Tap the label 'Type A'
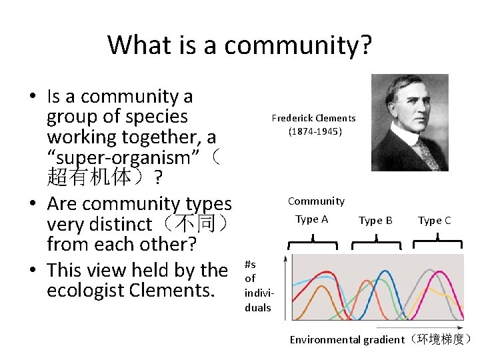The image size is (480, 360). [x=311, y=219]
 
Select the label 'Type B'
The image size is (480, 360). [x=375, y=220]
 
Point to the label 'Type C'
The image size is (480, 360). [x=434, y=220]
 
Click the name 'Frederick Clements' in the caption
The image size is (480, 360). [x=313, y=118]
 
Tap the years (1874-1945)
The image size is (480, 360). [x=315, y=131]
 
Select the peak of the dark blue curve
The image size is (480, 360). [x=385, y=271]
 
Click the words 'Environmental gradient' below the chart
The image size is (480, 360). [x=347, y=339]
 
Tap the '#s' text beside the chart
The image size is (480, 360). [x=250, y=265]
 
